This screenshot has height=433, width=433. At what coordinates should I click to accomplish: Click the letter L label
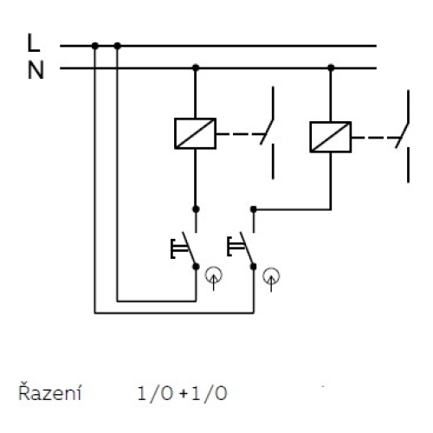[x=33, y=43]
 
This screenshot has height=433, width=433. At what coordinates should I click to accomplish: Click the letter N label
[x=35, y=69]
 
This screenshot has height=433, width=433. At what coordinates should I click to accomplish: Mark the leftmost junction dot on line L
[x=94, y=45]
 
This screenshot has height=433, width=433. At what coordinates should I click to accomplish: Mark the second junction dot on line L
[x=118, y=45]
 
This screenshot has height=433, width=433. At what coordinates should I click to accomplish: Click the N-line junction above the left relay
[x=196, y=67]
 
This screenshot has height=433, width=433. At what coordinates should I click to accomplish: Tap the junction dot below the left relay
[x=196, y=209]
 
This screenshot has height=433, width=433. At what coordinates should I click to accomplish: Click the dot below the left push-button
[x=196, y=268]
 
